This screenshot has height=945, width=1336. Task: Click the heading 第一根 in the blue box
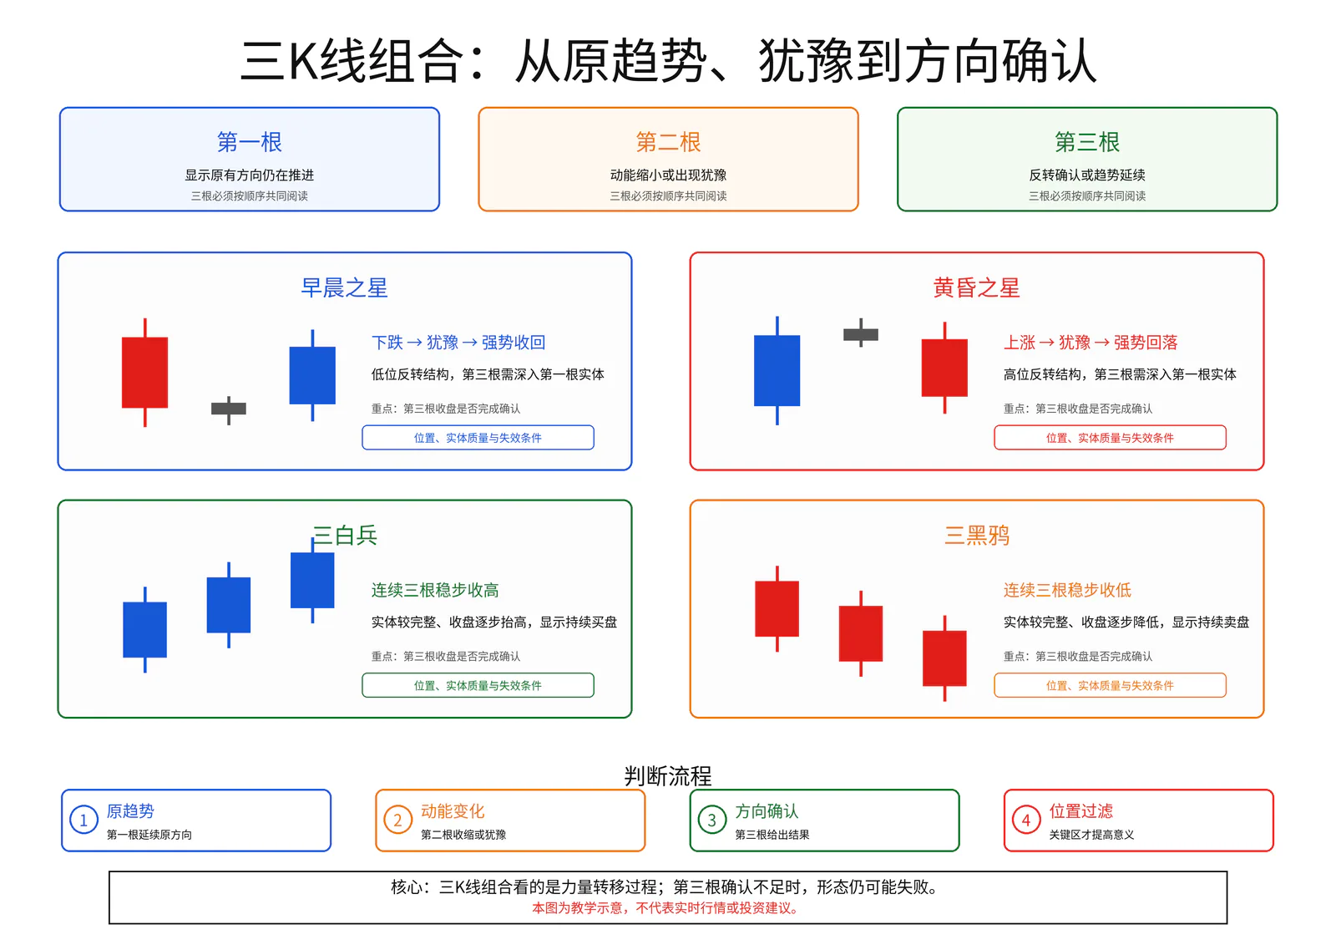point(250,142)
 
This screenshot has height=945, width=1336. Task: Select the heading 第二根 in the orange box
point(668,142)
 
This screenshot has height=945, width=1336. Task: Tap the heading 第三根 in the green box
point(1086,142)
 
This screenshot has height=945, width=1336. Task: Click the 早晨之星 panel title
point(344,287)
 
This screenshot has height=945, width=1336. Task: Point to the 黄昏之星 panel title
point(976,287)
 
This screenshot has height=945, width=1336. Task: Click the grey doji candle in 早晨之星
point(229,409)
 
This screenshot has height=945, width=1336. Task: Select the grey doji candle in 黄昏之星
point(861,333)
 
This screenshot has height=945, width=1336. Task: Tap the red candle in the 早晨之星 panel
point(145,373)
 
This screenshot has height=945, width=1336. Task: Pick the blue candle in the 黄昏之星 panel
point(777,370)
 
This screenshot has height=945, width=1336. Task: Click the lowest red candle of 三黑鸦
point(944,658)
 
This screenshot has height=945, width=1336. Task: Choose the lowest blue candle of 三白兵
point(145,629)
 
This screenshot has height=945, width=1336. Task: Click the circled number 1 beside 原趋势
point(84,820)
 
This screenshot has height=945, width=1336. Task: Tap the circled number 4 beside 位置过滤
point(1026,820)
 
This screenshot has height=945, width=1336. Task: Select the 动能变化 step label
point(453,810)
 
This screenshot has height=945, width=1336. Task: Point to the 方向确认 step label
point(767,810)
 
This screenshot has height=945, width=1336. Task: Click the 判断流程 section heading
point(668,776)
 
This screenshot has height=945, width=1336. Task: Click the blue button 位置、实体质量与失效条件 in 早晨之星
point(478,438)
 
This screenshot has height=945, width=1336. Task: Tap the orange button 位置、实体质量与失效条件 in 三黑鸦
point(1110,685)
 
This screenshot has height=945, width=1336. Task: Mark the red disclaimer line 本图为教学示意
point(665,908)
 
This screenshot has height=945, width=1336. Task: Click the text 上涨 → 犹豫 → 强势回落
point(1091,342)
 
